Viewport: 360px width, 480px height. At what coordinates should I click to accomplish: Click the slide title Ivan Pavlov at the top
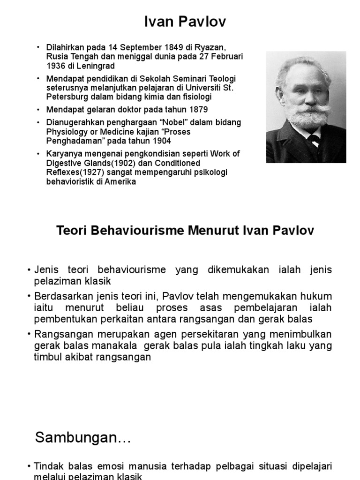pos(180,22)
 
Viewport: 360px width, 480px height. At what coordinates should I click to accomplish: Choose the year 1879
pos(197,110)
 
